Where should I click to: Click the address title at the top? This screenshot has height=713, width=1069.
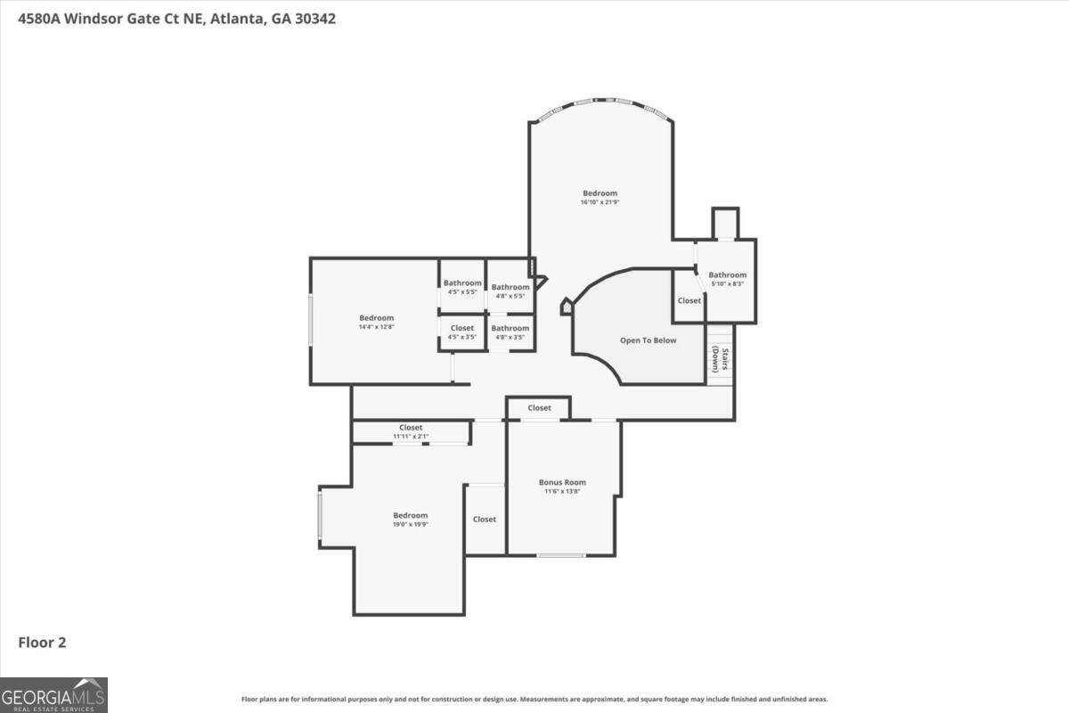point(176,19)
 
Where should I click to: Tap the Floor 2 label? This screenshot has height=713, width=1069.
point(42,643)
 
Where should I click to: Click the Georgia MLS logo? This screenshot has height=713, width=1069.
point(53,695)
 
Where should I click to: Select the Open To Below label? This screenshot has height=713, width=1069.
point(649,340)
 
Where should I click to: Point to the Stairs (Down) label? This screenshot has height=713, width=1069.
point(720,359)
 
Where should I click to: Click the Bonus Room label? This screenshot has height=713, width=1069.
point(562,482)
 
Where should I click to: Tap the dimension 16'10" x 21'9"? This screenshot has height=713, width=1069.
point(600,202)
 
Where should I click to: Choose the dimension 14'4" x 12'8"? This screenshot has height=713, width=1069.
point(377,327)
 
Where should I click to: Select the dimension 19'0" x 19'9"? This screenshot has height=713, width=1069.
point(411,524)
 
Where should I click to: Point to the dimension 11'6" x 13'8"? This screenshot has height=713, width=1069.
point(562,491)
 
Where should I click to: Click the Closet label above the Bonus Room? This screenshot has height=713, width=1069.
point(539,408)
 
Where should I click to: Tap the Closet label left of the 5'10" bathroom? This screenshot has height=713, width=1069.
point(690,300)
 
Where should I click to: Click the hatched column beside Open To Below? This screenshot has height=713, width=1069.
point(567,307)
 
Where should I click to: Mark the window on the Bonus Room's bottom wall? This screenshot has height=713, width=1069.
point(561,555)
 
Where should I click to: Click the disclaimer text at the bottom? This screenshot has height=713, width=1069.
point(534,699)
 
